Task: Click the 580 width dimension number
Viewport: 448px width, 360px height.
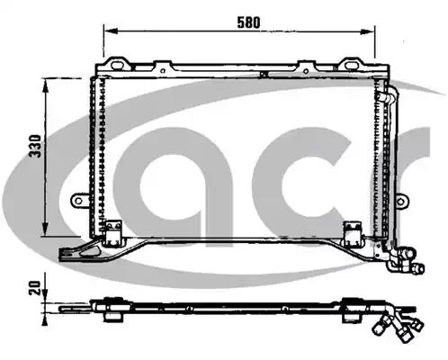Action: coord(248,22)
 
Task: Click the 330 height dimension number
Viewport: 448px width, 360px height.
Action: coord(35,146)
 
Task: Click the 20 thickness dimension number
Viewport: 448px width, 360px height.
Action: coord(34,288)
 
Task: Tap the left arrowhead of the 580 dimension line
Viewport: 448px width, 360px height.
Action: coord(110,31)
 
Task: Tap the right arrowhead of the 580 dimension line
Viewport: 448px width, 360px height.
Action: coord(368,31)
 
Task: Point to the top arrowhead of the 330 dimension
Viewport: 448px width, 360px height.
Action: coord(46,86)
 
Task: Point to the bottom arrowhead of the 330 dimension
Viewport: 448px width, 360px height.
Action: coord(45,229)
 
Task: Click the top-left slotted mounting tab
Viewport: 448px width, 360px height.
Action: coord(117,64)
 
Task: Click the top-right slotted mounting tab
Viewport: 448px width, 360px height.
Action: coord(351,64)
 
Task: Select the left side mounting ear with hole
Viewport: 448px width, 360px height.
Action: coord(79,201)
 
